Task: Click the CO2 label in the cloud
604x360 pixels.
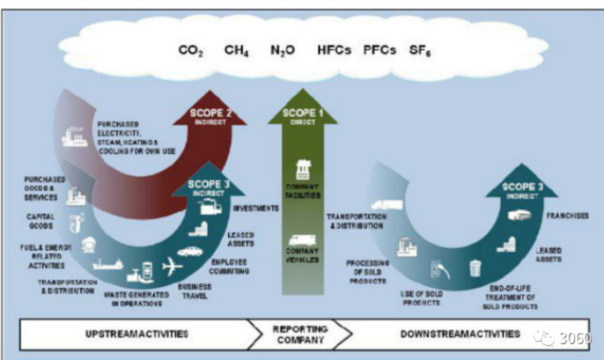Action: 191,52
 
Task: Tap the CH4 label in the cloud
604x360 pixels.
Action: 235,52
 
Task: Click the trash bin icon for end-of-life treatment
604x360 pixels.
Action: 475,268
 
